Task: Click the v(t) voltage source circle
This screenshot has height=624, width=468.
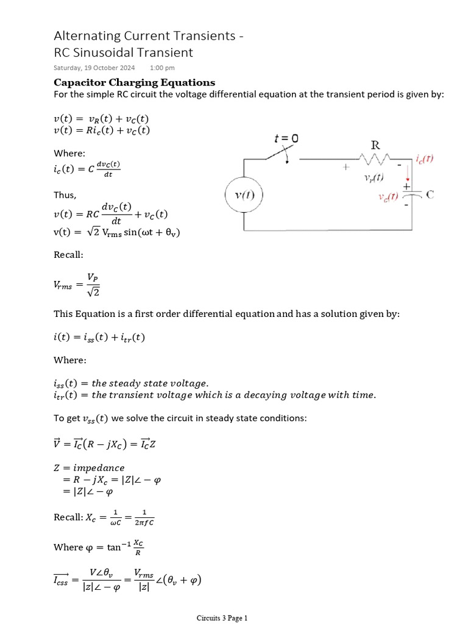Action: point(244,196)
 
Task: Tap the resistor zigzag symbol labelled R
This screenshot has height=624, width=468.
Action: point(376,159)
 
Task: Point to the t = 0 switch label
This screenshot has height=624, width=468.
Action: point(285,139)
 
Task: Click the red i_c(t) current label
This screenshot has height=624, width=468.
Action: point(424,159)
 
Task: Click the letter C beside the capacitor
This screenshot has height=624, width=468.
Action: point(430,195)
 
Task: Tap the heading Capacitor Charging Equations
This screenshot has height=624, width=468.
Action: point(134,82)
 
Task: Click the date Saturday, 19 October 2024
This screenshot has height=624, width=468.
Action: point(94,68)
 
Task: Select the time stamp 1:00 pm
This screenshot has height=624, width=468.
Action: point(162,68)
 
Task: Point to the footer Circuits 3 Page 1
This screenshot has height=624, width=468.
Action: point(222,618)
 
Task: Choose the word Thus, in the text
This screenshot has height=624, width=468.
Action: point(65,195)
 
